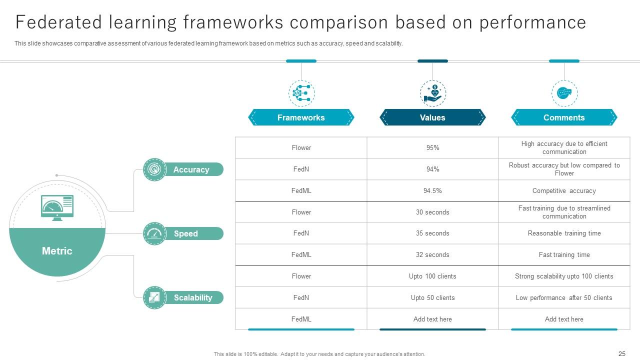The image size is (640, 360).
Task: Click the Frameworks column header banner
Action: (301, 117)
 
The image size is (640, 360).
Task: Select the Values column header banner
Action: (432, 117)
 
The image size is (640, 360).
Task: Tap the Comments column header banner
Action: (564, 117)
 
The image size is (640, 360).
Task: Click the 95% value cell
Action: (432, 147)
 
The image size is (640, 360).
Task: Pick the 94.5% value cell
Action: (432, 190)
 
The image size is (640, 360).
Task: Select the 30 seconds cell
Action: (432, 212)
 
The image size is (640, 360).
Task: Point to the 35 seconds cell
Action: (432, 233)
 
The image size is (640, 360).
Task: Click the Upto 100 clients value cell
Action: (432, 276)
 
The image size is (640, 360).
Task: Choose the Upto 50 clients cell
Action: (432, 297)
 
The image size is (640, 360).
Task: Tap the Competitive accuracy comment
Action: (564, 190)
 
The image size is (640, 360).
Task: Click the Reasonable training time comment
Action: (564, 233)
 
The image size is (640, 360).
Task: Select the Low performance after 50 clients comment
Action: (564, 297)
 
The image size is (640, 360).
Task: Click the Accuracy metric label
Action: (191, 169)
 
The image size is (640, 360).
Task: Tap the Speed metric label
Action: (186, 233)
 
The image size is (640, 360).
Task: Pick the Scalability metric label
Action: (193, 297)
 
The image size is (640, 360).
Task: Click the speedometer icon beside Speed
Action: (154, 233)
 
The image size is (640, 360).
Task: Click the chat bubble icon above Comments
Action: (564, 93)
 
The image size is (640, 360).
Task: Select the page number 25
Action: (622, 353)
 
